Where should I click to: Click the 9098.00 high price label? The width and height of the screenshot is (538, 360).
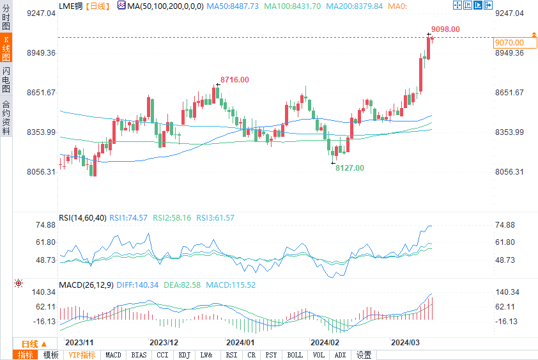(445, 29)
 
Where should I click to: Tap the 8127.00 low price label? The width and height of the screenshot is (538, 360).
(350, 168)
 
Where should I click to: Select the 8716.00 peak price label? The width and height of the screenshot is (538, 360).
(234, 79)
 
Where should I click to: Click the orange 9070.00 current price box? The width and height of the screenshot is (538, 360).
(509, 43)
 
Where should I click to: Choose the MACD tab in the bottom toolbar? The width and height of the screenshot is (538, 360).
(113, 355)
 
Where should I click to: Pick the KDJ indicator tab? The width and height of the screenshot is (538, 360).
(185, 355)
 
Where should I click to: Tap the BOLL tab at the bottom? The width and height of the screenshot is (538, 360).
(295, 355)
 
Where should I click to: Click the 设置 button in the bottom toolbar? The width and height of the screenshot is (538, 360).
(364, 355)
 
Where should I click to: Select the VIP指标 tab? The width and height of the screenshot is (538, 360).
(82, 355)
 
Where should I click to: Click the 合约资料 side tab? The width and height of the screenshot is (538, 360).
(6, 117)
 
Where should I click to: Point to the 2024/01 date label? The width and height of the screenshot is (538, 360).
(240, 342)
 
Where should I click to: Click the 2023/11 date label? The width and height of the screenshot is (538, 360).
(79, 342)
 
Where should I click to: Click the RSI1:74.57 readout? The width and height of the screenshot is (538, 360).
(128, 218)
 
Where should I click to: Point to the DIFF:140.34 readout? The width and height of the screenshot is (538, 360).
(137, 285)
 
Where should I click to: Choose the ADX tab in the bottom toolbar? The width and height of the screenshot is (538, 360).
(340, 355)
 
